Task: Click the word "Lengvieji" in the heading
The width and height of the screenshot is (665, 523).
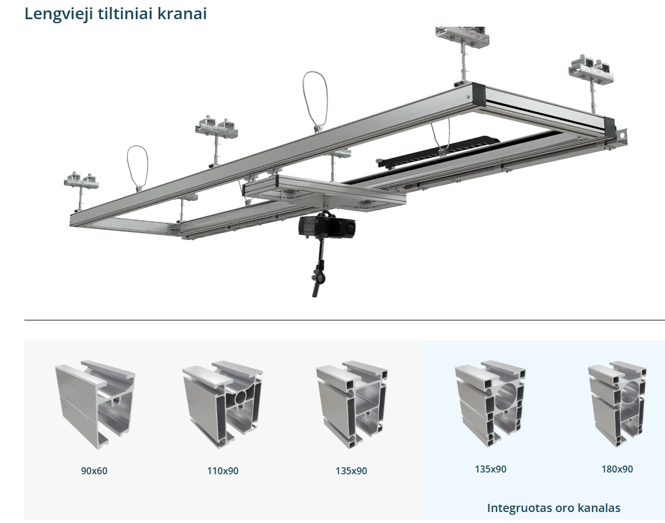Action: pyautogui.click(x=59, y=13)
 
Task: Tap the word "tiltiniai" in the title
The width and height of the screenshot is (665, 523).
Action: pyautogui.click(x=125, y=13)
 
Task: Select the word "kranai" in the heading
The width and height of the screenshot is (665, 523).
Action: pyautogui.click(x=182, y=13)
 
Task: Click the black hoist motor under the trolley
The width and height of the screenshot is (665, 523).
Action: pyautogui.click(x=326, y=225)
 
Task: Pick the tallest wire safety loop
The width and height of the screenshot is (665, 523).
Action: pyautogui.click(x=315, y=101)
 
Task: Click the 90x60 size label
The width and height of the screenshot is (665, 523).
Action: pyautogui.click(x=94, y=471)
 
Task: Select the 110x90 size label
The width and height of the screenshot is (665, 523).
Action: pyautogui.click(x=222, y=471)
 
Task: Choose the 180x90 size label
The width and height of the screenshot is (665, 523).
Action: pyautogui.click(x=617, y=469)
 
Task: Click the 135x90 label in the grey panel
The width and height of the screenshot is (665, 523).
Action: pyautogui.click(x=351, y=471)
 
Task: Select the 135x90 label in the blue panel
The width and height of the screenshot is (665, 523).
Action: pyautogui.click(x=491, y=469)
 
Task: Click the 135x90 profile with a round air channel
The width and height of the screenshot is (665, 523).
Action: pyautogui.click(x=490, y=403)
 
